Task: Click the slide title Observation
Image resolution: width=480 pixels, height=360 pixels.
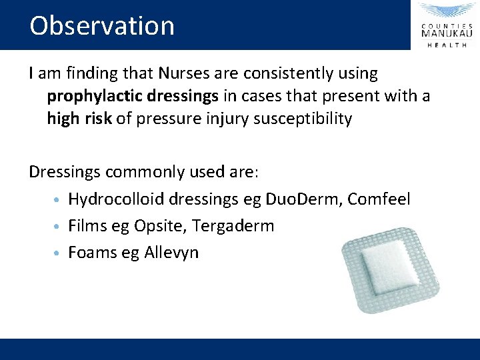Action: point(102,26)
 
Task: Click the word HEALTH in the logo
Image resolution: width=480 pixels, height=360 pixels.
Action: point(447,45)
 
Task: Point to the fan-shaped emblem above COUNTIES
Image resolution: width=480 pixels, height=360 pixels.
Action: point(447,11)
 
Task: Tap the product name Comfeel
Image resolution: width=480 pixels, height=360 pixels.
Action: point(387,199)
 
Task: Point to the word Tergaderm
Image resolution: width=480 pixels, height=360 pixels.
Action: point(233,226)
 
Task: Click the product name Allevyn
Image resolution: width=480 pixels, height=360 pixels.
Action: point(171,253)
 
